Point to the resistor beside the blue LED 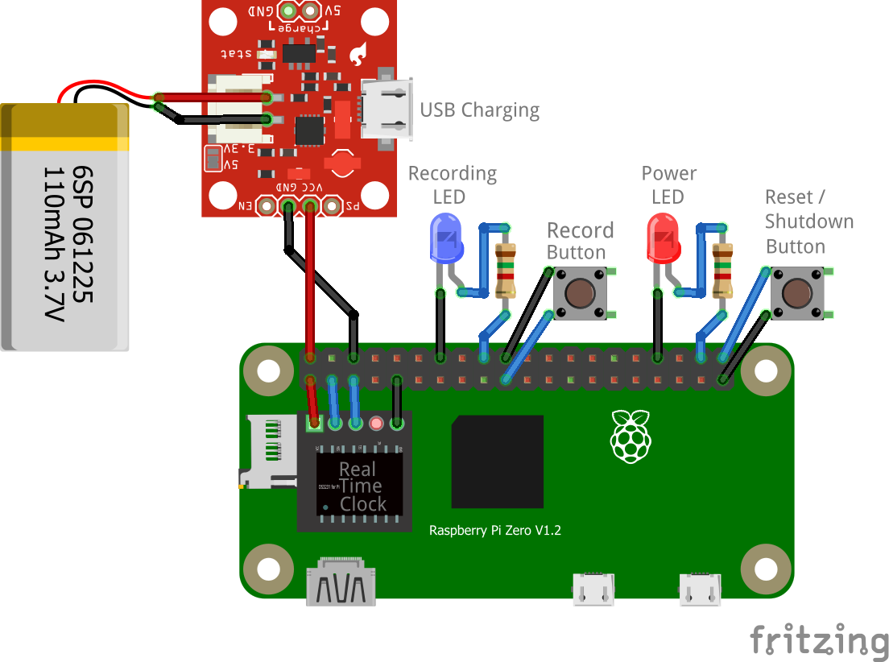[x=506, y=270]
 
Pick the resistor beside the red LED [x=723, y=270]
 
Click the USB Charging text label [x=479, y=110]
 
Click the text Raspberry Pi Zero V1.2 [x=494, y=531]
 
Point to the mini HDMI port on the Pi [x=341, y=581]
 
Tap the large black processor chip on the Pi [x=497, y=461]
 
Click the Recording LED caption [x=452, y=184]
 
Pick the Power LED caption [x=668, y=184]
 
